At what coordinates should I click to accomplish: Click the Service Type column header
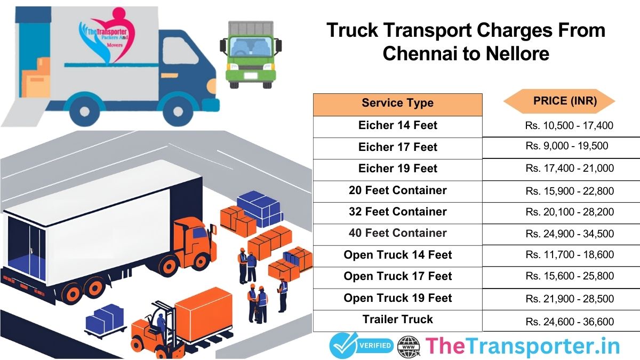[397, 103]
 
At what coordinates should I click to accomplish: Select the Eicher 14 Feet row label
[397, 125]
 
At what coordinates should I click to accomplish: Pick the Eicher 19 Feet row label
[397, 169]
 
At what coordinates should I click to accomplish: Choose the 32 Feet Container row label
[397, 212]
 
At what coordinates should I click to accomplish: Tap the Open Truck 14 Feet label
[397, 255]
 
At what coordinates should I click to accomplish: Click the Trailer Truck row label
[397, 319]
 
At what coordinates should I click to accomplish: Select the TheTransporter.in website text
[523, 346]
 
